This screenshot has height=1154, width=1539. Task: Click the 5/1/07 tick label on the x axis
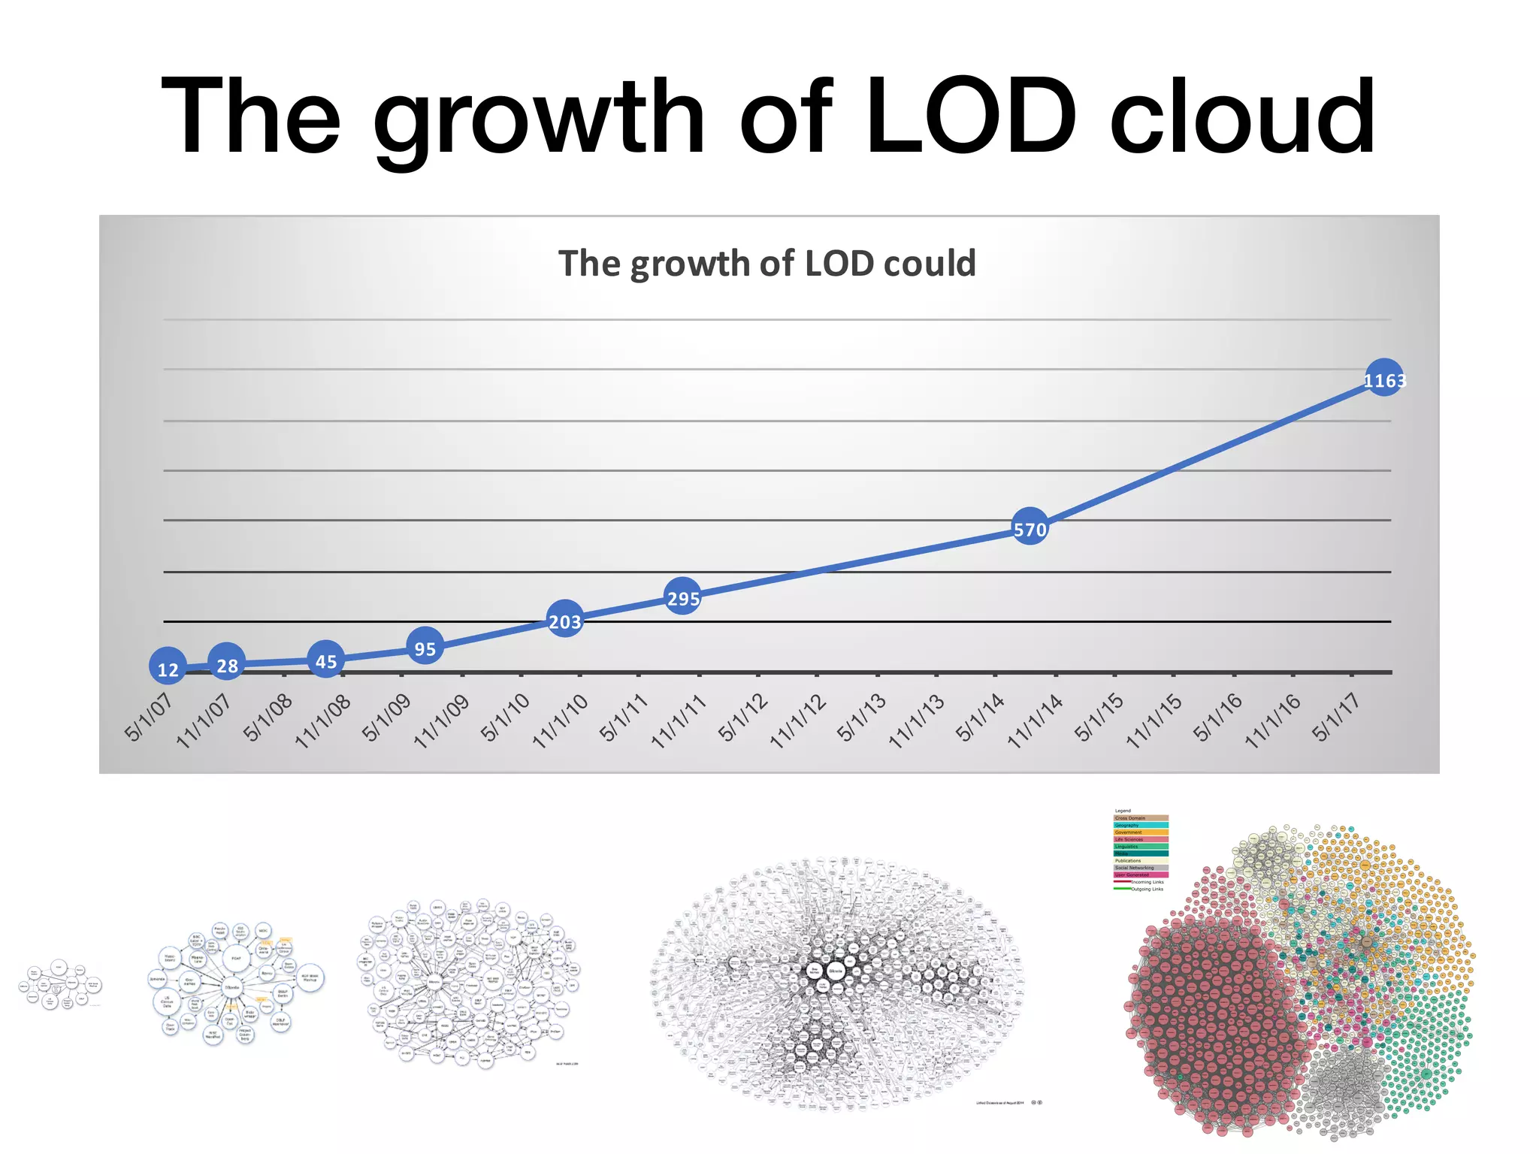[x=149, y=717]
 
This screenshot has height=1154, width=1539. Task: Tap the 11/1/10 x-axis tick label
[x=561, y=720]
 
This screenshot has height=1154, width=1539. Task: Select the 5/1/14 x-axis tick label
[x=980, y=717]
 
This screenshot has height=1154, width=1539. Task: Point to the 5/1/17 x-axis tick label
[x=1336, y=717]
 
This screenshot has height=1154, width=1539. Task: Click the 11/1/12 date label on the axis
[x=798, y=720]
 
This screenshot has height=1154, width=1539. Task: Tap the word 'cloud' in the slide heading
[x=1241, y=118]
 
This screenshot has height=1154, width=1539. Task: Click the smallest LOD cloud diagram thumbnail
[x=60, y=983]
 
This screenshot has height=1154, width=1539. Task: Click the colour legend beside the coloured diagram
[x=1140, y=850]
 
